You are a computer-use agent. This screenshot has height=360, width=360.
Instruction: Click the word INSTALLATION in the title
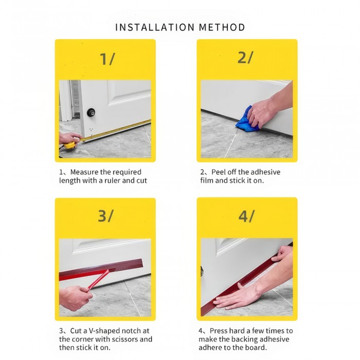pyautogui.click(x=155, y=27)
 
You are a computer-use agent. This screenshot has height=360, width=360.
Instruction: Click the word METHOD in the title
pyautogui.click(x=222, y=27)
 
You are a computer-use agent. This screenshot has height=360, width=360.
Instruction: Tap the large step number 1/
pyautogui.click(x=107, y=59)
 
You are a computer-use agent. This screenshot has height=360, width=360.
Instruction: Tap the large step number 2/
pyautogui.click(x=245, y=58)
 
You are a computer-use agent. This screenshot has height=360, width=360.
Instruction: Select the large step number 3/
pyautogui.click(x=105, y=216)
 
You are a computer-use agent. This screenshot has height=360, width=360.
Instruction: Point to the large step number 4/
pyautogui.click(x=246, y=216)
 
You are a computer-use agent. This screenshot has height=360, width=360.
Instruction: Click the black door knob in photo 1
pyautogui.click(x=91, y=113)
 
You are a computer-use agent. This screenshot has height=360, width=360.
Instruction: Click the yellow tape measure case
pyautogui.click(x=69, y=145)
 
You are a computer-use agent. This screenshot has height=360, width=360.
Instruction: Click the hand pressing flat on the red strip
pyautogui.click(x=239, y=298)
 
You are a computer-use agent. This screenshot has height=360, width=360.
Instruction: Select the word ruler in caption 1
pyautogui.click(x=112, y=181)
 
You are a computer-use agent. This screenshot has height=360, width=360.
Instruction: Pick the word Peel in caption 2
pyautogui.click(x=219, y=172)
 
